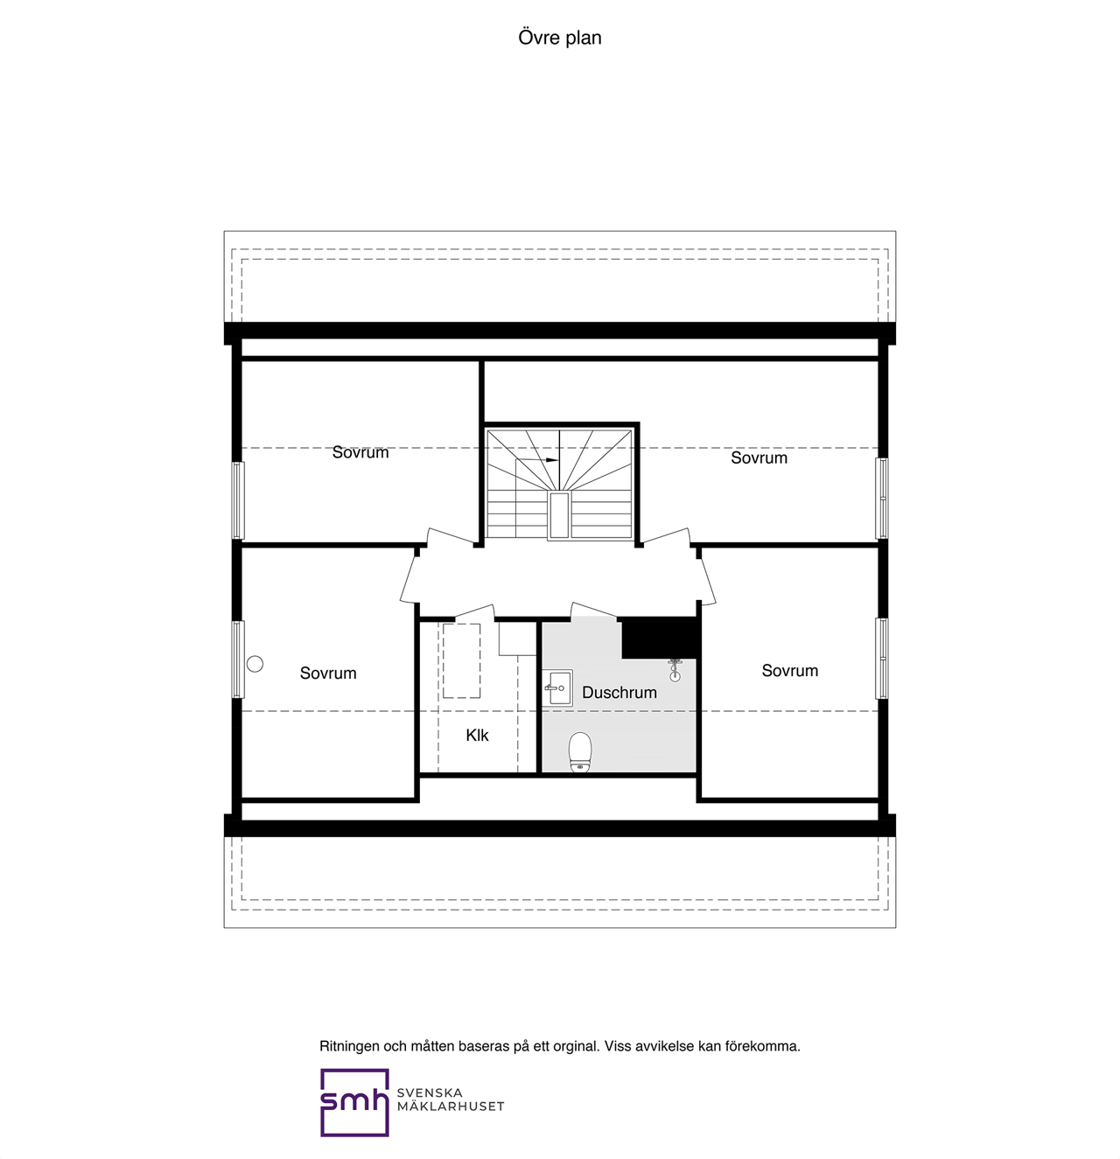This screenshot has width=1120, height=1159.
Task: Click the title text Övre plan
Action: coord(560,38)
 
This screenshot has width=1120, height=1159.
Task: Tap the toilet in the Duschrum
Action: coord(580,752)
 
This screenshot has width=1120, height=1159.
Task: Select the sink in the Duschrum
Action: coord(556,688)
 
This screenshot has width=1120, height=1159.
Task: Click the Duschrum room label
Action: coord(619,693)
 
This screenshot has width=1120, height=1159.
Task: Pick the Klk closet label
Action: coord(477,736)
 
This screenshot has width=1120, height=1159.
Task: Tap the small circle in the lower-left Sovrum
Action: coord(255,664)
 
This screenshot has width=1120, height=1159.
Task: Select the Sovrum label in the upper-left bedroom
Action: coord(360,452)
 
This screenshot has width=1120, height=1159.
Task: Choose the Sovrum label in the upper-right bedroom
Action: coord(759,457)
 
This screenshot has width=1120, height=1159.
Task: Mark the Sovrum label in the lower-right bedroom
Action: coord(790,671)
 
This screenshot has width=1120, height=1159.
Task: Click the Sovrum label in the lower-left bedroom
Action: coord(328,673)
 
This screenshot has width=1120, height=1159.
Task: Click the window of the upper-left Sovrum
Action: coord(238,500)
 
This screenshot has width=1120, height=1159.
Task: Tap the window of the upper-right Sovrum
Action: coord(882,498)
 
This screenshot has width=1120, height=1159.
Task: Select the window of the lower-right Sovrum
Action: coord(882,658)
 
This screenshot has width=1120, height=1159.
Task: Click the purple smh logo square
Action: coord(354,1102)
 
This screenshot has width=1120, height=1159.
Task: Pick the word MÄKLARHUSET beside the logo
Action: coord(451,1107)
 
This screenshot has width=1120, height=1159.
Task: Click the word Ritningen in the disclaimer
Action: coord(349,1046)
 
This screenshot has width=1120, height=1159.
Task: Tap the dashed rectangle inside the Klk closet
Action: coord(461,660)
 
